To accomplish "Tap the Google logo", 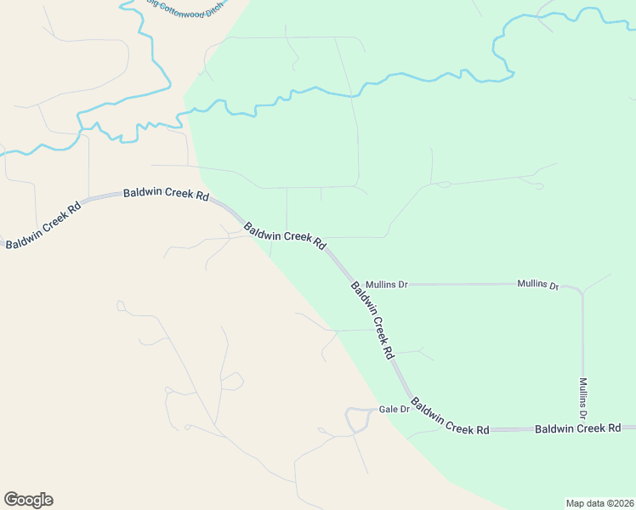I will pos(28,500).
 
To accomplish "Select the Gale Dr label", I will pos(395,409).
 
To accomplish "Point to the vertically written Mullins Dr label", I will pos(583,399).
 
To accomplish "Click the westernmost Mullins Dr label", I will pos(386,284).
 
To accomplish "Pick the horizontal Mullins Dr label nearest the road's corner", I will pos(538,285).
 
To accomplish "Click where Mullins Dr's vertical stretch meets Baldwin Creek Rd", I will pos(583,429).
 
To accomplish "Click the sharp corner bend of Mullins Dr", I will pos(581,290).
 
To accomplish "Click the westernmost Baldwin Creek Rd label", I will pos(43,225).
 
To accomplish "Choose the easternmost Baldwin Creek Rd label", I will pos(578,428).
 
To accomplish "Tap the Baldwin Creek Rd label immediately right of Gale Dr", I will pos(450,416).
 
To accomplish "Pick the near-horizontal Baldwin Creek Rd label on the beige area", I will pos(166,194).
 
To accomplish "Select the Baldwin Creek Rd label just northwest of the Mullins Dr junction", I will pos(285,235).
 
